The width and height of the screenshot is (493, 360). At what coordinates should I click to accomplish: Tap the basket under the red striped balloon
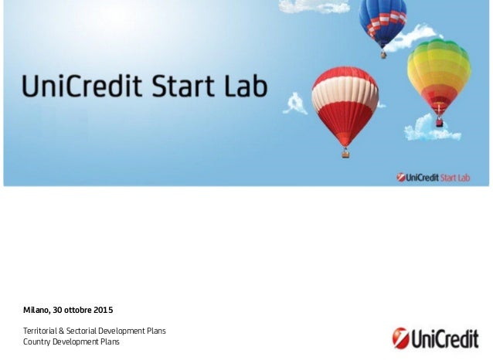coord(345,153)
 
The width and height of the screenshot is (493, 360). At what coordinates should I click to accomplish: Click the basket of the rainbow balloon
coord(440,122)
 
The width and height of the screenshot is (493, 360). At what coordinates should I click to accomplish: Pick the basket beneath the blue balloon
coord(383,54)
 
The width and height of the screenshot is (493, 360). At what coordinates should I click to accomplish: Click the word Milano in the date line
coord(36,311)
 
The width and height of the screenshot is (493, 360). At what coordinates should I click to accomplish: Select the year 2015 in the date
coord(103,311)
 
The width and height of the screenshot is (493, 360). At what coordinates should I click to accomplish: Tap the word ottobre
coord(77,311)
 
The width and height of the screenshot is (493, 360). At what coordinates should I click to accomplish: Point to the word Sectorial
coord(90,331)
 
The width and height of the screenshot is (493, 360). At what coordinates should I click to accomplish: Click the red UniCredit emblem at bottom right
coord(400,338)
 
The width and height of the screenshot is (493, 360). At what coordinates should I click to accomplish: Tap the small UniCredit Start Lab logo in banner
coord(433,177)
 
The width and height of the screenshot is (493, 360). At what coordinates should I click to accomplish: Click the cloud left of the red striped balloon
coord(294,104)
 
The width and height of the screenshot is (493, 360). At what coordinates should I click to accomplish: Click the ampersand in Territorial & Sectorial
coord(68,331)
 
